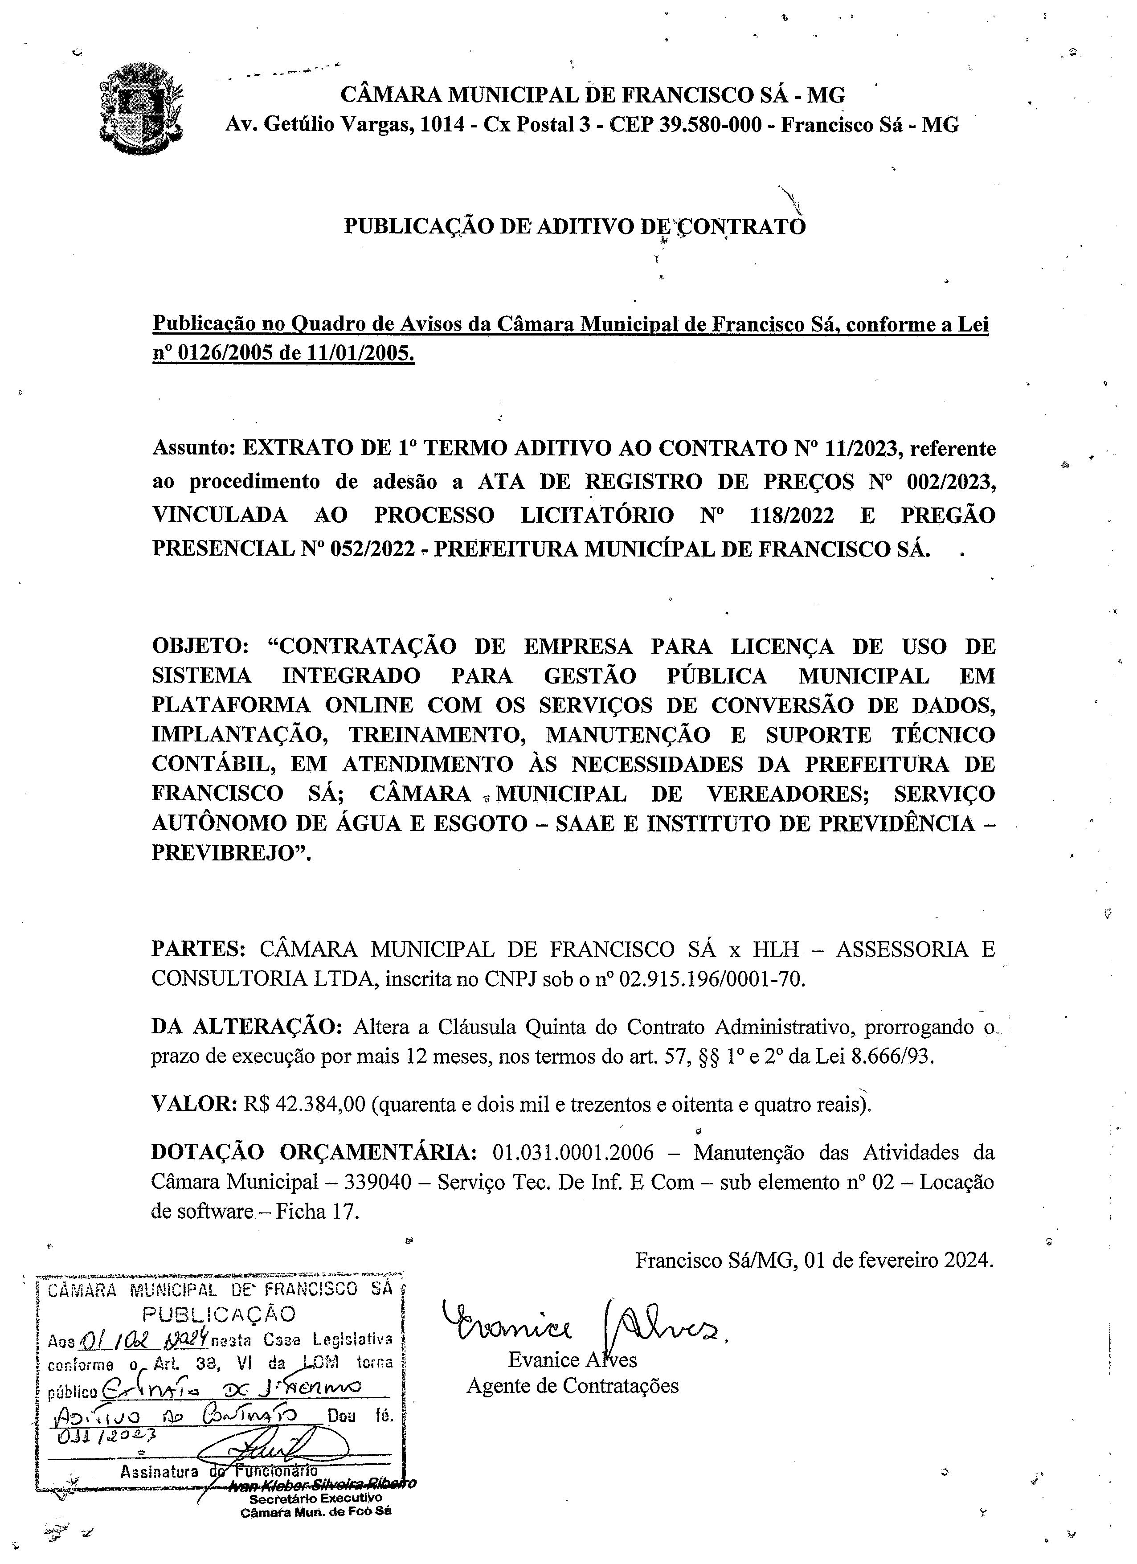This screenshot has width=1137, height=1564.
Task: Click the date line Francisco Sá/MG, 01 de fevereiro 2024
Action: click(814, 1260)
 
